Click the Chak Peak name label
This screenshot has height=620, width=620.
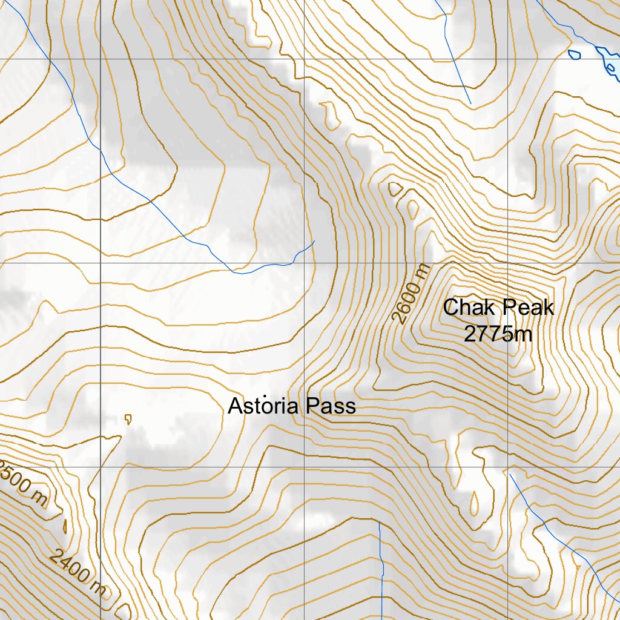498,308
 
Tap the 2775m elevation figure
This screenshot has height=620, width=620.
498,332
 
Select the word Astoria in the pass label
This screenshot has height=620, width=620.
263,406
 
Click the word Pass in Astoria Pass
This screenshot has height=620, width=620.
331,406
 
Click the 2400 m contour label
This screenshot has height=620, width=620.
77,572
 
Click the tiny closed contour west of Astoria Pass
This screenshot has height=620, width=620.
128,418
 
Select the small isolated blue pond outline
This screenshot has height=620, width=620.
574,54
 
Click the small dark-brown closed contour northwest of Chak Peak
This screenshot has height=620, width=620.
395,189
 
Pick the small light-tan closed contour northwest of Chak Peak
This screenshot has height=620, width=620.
413,209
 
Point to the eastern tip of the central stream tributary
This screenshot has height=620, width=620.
314,242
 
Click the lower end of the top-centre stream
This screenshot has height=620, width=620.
470,103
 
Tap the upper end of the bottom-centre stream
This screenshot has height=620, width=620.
379,522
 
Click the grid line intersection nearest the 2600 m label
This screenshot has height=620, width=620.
304,263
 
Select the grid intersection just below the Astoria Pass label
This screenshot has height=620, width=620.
304,467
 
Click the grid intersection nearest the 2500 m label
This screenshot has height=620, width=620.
100,467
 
